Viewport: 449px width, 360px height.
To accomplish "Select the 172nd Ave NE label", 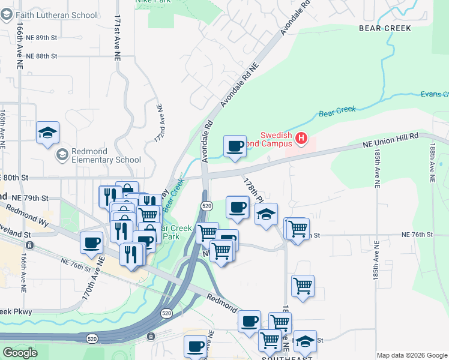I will [158, 123].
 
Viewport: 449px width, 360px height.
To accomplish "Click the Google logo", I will [20, 353].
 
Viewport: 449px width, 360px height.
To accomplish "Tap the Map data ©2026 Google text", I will [412, 355].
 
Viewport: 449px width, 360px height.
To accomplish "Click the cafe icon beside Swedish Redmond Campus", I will [235, 146].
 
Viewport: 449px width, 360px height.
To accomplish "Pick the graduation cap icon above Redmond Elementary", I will [47, 133].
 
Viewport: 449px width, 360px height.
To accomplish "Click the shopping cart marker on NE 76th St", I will [297, 229].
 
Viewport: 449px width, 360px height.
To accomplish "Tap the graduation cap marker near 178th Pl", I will [266, 214].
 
